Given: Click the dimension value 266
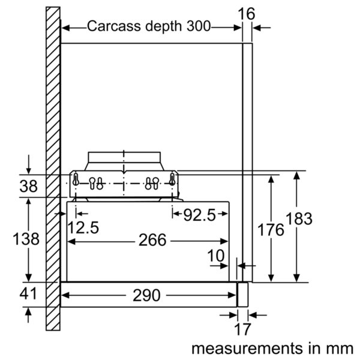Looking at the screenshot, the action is click(x=152, y=240).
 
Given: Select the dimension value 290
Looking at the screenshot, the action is click(x=146, y=295).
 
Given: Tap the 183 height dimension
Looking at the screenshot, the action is click(x=299, y=218).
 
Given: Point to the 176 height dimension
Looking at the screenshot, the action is click(x=271, y=230).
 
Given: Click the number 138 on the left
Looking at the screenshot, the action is click(x=26, y=239).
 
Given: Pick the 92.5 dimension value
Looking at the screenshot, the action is click(x=200, y=215).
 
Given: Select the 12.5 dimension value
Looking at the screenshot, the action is click(x=83, y=228).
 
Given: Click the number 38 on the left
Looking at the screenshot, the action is click(x=28, y=186).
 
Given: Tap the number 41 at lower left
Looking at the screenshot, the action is click(x=28, y=293).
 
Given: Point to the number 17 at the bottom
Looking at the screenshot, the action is click(x=242, y=329).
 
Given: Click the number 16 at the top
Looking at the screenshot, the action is click(x=247, y=14).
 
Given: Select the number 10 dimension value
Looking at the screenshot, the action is click(x=216, y=256).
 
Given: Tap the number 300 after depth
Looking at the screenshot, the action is click(x=199, y=26).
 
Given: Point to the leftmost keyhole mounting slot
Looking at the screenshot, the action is click(x=76, y=179).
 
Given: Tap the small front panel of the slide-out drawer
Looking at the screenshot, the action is click(x=242, y=295).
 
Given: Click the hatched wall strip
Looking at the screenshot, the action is click(x=53, y=169).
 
